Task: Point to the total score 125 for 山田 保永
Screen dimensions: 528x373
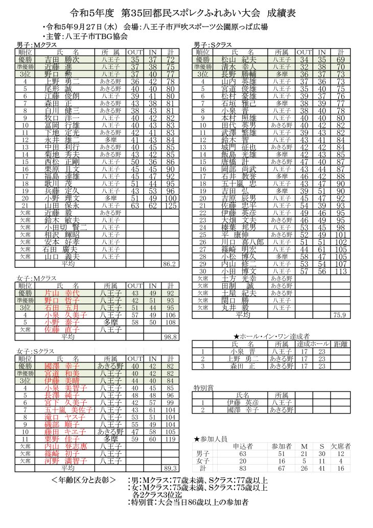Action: pyautogui.click(x=170, y=205)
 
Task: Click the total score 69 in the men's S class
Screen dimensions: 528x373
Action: pyautogui.click(x=340, y=59)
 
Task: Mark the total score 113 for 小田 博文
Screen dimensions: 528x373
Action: pyautogui.click(x=340, y=271)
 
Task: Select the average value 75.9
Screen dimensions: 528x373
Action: pyautogui.click(x=340, y=315)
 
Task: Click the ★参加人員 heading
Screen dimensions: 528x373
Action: pyautogui.click(x=211, y=438)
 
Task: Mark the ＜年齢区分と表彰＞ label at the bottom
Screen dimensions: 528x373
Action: pyautogui.click(x=86, y=480)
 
